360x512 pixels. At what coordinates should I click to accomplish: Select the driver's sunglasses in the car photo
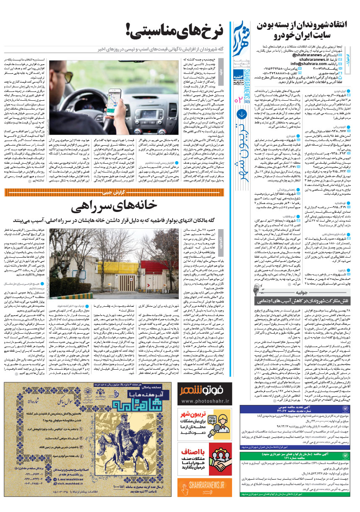(148, 71)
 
